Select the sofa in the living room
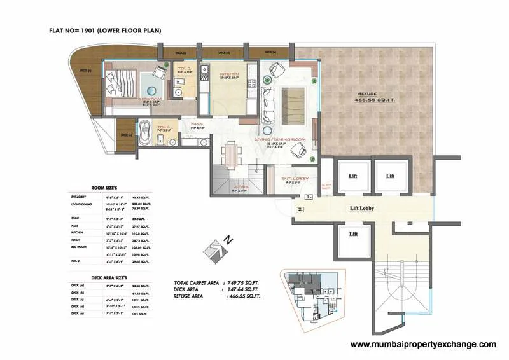click(268, 106)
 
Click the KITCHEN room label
click(228, 74)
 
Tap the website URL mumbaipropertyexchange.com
click(423, 344)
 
